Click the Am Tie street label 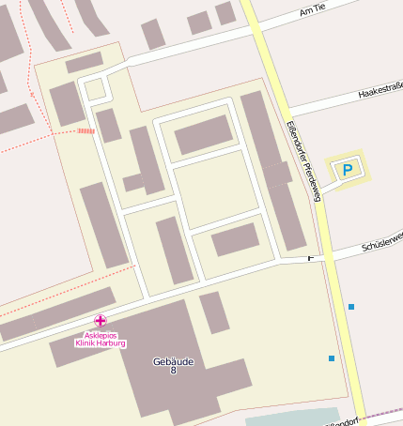(x=313, y=9)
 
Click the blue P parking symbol (x=348, y=170)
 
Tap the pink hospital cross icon (x=101, y=321)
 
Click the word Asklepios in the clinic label (x=101, y=335)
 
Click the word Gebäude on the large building (x=164, y=360)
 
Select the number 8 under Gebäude (x=173, y=371)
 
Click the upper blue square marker (x=351, y=307)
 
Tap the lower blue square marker (x=332, y=358)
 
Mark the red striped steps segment (x=85, y=131)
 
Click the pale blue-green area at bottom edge (x=291, y=418)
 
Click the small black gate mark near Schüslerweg (x=311, y=256)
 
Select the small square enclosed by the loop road (x=94, y=89)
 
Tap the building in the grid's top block (x=204, y=134)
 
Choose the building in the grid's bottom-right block (x=235, y=239)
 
